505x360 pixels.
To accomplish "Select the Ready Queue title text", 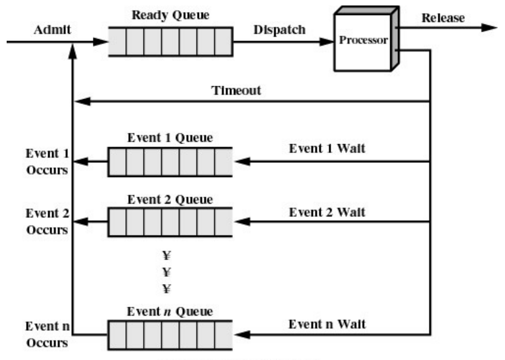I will click(170, 16).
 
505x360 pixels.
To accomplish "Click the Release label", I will click(443, 18).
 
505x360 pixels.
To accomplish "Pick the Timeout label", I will click(236, 90).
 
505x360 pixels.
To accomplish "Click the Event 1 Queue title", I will click(170, 138).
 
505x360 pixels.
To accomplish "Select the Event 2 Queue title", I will click(170, 200).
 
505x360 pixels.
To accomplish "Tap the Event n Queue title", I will click(170, 311).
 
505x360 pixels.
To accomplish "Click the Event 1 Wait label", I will click(327, 149).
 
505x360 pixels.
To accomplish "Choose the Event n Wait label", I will click(327, 324).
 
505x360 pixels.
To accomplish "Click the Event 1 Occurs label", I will click(47, 162).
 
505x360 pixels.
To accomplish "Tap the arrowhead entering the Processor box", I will click(326, 41).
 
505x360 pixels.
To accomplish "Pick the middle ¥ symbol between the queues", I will click(167, 272).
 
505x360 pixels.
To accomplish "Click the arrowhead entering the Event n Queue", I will click(242, 335).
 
